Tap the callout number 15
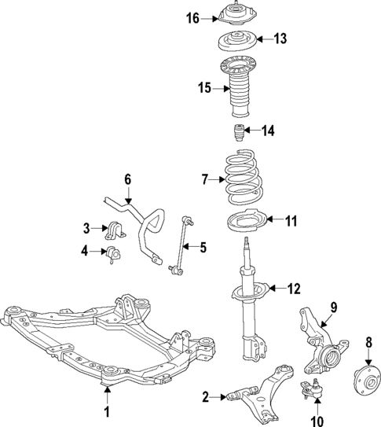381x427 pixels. point(204,88)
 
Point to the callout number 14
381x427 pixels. point(269,131)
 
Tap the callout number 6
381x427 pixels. point(127,179)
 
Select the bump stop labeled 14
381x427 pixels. point(237,131)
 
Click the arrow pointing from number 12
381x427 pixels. point(275,289)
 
